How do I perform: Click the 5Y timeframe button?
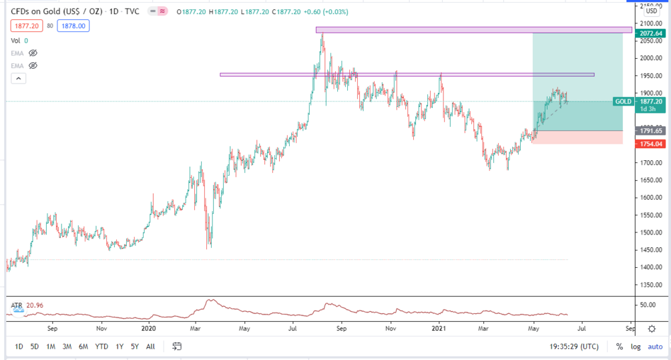pos(134,347)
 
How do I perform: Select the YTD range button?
pos(102,347)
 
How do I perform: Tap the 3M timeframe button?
pos(67,347)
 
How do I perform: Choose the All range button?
pos(151,347)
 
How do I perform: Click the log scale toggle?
pos(636,347)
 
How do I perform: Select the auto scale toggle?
pos(655,347)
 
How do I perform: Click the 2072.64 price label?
pos(650,33)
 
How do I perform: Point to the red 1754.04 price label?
pos(650,144)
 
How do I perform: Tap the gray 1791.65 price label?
pos(650,131)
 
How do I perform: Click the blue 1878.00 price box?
pos(73,26)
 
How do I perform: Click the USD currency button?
pos(652,11)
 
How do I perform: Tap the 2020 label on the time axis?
pos(149,329)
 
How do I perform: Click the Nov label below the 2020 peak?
pos(392,329)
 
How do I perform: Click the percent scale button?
pos(620,347)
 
